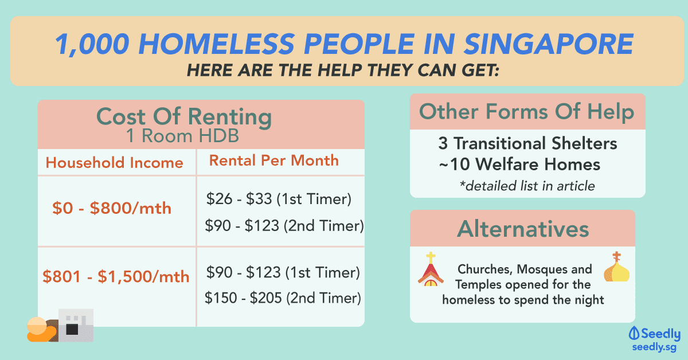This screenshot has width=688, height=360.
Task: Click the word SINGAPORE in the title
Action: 549,44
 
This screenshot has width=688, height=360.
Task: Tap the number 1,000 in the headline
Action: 92,45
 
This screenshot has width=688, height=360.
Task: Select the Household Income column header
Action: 114,162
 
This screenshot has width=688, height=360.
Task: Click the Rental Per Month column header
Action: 274,161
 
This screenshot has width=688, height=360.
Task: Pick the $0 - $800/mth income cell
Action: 112,208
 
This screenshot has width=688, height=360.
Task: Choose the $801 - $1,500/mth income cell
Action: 116,276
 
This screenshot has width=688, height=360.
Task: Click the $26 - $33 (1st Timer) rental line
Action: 279,199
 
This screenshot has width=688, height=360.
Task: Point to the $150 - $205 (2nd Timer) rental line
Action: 283,298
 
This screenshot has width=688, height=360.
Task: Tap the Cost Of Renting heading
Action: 184,117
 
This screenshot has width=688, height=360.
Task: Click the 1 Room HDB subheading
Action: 183,135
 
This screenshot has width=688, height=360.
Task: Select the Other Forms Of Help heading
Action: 527,111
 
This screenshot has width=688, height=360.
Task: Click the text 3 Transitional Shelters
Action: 527,143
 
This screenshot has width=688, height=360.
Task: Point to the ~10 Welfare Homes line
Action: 519,164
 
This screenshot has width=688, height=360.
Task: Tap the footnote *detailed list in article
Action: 527,186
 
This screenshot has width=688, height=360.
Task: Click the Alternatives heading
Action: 523,229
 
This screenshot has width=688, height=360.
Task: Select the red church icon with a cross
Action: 431,269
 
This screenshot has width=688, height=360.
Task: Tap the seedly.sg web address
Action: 654,347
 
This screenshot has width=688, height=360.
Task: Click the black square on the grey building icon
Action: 72,330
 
